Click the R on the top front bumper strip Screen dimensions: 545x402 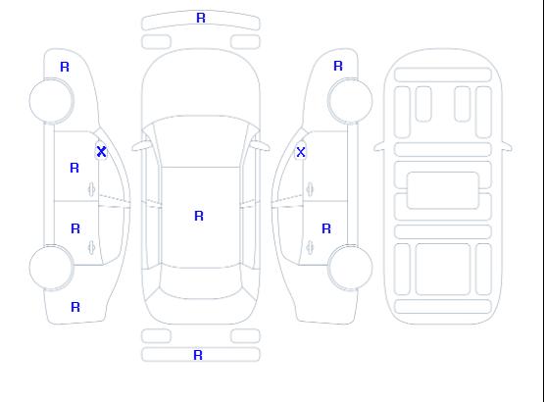(x=201, y=18)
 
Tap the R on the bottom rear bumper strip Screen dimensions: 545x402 (x=198, y=355)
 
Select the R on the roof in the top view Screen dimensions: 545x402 (x=199, y=216)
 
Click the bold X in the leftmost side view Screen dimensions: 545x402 (x=101, y=151)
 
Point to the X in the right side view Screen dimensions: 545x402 (x=301, y=152)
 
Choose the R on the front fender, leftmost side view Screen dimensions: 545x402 (x=65, y=67)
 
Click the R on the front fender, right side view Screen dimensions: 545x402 (x=338, y=66)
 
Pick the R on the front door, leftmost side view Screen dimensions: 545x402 (x=74, y=168)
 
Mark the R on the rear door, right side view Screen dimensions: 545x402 (x=326, y=228)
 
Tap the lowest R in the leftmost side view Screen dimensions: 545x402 (x=75, y=307)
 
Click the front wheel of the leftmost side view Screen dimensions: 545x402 (x=51, y=101)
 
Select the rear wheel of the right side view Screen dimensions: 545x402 (x=350, y=267)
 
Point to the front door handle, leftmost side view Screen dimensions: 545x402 (x=91, y=189)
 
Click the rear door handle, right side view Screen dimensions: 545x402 (x=310, y=247)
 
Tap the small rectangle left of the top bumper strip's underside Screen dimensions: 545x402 (x=157, y=42)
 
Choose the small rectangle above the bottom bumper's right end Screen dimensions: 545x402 (x=245, y=336)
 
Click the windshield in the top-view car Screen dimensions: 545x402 (x=201, y=141)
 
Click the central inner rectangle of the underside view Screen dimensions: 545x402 (x=443, y=190)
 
